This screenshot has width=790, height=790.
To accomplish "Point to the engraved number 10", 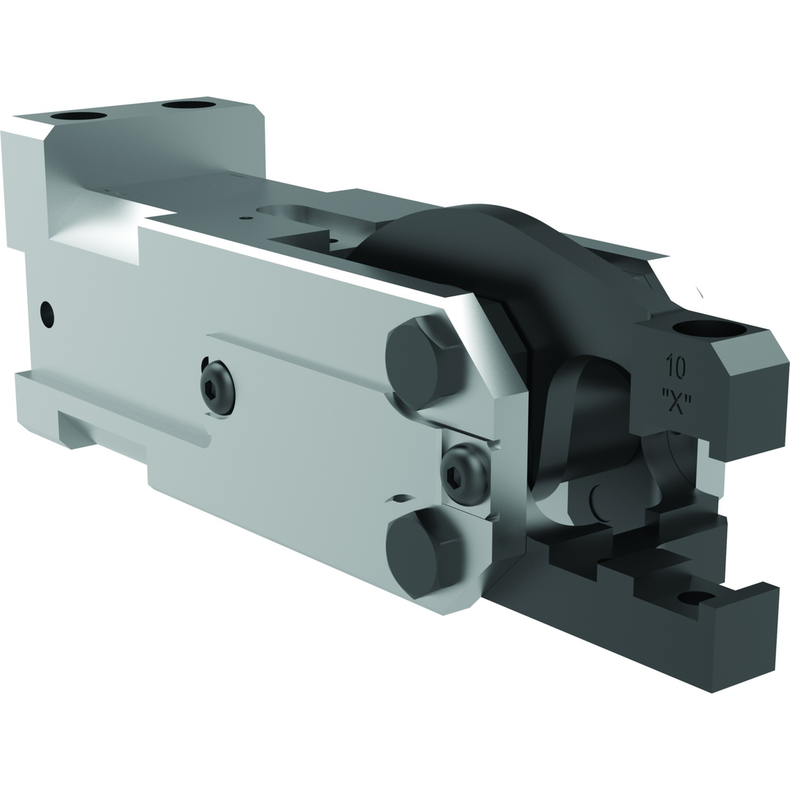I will [675, 366].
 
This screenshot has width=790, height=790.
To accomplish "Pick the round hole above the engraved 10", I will [709, 328].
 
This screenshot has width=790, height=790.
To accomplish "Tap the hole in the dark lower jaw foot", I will [695, 597].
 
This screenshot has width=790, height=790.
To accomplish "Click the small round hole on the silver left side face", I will [48, 315].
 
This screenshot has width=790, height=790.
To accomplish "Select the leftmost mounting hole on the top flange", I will [78, 116].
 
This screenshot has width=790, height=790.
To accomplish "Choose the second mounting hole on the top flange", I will [189, 105].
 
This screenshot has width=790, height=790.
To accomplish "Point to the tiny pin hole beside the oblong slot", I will [246, 217].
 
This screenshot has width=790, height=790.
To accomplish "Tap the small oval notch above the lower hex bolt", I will [402, 499].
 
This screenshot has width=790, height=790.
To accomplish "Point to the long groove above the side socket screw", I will [293, 358].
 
